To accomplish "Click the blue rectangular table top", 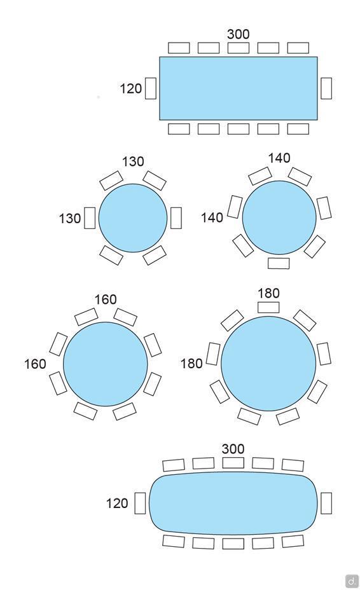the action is pos(238,88).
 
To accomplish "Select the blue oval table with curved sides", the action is pos(233,503).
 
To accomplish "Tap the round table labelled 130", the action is pos(133,218).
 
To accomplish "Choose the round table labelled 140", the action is pos(279,217).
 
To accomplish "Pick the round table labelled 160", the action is pos(106,364).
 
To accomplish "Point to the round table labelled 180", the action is pos(268,364).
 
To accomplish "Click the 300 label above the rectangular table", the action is pos(238,34).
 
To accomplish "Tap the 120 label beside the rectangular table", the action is pos(130,89).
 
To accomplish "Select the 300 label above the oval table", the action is pos(233,449).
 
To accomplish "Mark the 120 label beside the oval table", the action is pos(117,504).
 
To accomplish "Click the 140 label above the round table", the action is pos(279,158).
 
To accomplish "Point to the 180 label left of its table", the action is pos(191,364).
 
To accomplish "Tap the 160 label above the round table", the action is pos(106,299).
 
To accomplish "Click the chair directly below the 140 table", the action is pos(279,263).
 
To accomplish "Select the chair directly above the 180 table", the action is pos(268,307).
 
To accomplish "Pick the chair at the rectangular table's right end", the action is pos(326,88).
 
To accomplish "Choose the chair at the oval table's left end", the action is pos(140,503).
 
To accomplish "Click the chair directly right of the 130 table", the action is pos(176,218).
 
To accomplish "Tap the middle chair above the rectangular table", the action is pos(239,48).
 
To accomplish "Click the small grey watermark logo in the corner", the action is pos(352,580).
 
